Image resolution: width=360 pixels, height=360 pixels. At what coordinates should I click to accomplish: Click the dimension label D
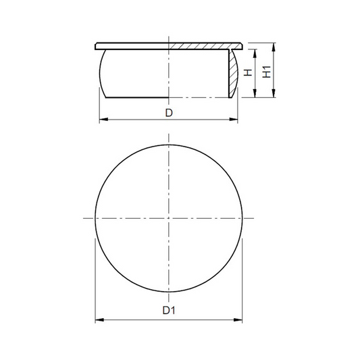(x=169, y=113)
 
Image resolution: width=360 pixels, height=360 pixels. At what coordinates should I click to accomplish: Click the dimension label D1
(x=169, y=311)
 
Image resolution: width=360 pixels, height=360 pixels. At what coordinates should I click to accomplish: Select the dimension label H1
(x=267, y=72)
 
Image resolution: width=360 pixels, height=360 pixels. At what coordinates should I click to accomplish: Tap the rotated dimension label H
(x=248, y=72)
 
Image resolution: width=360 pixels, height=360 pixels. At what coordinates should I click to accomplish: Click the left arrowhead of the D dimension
(x=103, y=120)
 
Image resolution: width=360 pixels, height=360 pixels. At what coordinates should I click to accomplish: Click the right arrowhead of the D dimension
(x=234, y=120)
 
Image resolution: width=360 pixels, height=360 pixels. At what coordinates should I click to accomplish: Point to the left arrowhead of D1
(x=99, y=320)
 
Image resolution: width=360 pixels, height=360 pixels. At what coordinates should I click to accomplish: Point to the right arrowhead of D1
(x=238, y=320)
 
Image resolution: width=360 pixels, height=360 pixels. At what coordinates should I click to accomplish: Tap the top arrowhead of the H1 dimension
(x=274, y=47)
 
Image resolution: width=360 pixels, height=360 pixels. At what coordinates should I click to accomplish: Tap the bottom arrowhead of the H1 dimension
(x=274, y=93)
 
